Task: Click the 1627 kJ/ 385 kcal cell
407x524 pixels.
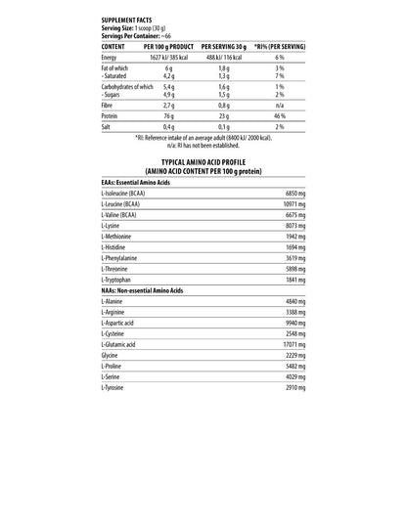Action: tap(167, 59)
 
